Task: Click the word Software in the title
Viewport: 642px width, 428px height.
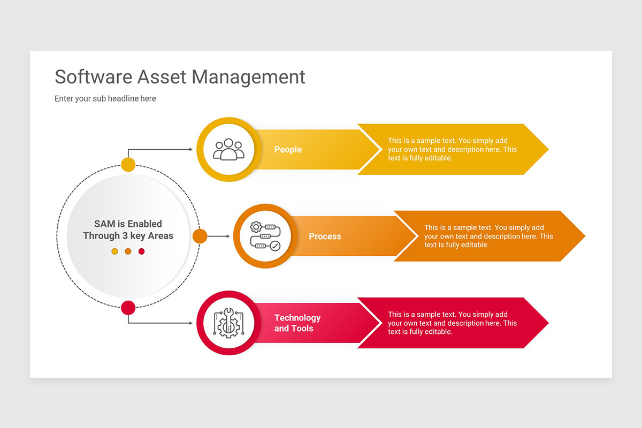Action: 94,77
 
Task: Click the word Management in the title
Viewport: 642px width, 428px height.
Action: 248,78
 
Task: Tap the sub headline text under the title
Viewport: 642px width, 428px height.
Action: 105,98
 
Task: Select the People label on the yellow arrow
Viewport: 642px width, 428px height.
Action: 288,150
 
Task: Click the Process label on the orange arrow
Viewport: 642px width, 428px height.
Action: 325,236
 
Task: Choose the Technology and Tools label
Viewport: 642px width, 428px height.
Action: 297,323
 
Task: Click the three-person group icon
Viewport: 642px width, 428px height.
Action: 228,149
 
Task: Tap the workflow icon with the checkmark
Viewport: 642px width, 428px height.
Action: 265,236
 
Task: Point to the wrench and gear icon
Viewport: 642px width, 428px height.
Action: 228,323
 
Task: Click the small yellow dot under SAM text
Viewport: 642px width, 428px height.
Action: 114,251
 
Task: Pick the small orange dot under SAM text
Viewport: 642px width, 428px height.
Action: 128,251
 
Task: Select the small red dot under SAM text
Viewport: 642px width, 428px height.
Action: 142,251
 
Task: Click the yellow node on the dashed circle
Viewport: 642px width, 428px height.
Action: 128,165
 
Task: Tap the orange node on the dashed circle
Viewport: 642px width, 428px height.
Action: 200,236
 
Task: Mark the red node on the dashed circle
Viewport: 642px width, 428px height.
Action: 128,308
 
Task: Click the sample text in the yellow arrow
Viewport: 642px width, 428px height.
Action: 452,149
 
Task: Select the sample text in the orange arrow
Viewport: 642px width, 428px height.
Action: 488,236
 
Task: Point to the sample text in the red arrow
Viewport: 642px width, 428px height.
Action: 452,323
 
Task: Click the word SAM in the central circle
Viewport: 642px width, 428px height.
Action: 105,224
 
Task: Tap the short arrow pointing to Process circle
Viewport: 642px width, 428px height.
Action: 218,236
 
